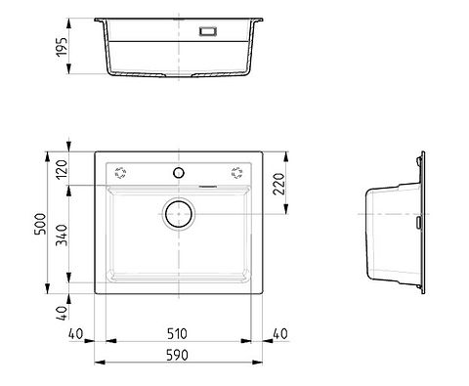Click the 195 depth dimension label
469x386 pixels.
click(61, 47)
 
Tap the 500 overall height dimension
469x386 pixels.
click(41, 224)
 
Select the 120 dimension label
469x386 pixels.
click(61, 168)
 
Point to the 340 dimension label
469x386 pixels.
click(61, 235)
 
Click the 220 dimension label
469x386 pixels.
click(279, 184)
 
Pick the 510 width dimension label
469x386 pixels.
click(177, 333)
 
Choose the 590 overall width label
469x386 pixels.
click(177, 355)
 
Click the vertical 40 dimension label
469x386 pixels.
click(62, 313)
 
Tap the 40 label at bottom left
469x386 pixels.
click(76, 333)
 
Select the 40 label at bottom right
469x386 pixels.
click(280, 333)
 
